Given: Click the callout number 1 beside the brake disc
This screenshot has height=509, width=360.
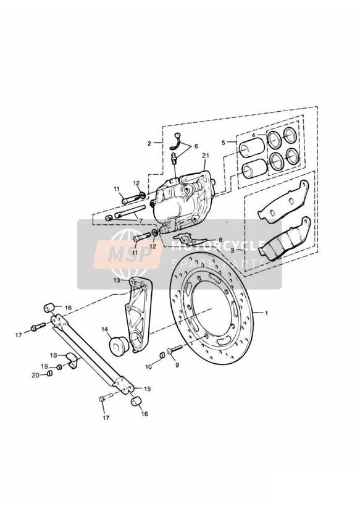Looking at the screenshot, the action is (x=266, y=314).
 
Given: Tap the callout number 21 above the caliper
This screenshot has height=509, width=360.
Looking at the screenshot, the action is (x=205, y=156).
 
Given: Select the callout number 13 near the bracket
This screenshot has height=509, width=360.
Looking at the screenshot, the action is (x=117, y=280).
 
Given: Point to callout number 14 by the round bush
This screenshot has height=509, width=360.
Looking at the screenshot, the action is (x=104, y=329).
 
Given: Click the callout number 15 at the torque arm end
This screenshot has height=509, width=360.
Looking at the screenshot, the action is (x=147, y=389).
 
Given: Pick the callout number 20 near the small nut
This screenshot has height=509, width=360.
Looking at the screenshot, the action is (x=35, y=375).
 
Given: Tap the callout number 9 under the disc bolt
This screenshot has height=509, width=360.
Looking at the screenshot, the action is (x=177, y=365).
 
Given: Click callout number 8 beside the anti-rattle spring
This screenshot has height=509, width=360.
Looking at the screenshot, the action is (x=220, y=240).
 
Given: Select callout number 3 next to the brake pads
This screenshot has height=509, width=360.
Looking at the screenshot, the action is (x=241, y=251).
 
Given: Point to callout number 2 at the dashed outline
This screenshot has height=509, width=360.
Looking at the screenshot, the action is (x=149, y=143).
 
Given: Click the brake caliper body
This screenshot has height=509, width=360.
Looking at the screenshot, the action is (x=181, y=202).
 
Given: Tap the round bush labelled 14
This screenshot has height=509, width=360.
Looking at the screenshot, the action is (x=118, y=345).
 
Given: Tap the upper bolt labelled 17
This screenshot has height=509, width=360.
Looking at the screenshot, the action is (x=38, y=327).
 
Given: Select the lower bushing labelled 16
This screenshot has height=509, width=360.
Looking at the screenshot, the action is (x=136, y=402).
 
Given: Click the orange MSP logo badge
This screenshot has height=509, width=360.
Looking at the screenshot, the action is (x=127, y=254).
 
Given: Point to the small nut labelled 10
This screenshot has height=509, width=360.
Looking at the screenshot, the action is (x=162, y=355).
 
